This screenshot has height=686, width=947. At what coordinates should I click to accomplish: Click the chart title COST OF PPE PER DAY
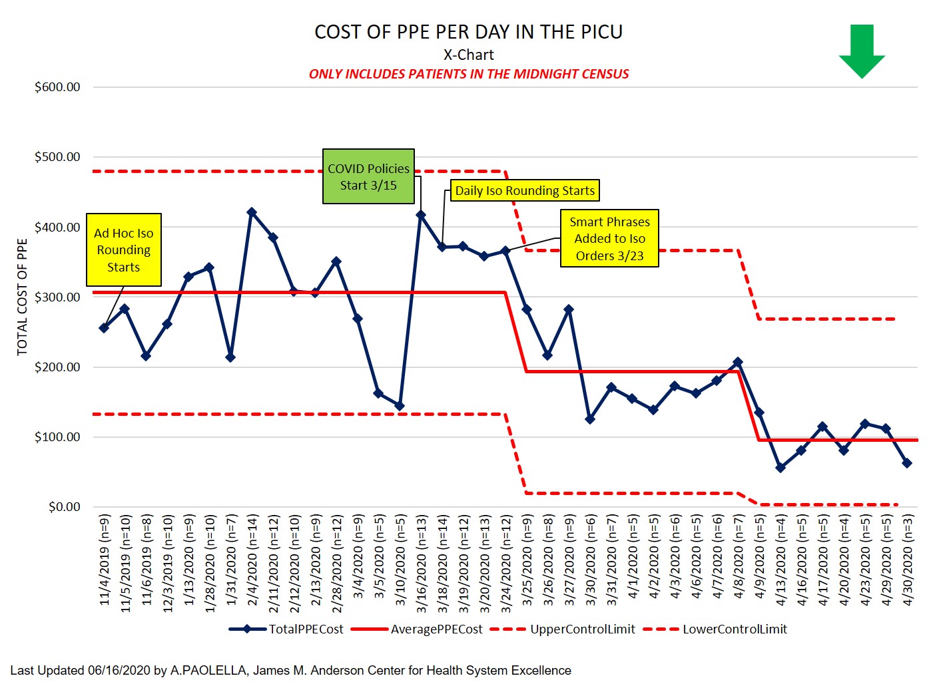click(468, 32)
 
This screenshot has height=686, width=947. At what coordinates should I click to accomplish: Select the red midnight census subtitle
click(468, 74)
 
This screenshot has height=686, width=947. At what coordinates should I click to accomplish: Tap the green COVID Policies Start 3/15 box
click(368, 176)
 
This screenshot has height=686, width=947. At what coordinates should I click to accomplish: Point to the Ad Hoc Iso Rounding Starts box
click(124, 250)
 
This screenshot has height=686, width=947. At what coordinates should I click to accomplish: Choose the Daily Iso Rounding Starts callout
click(525, 190)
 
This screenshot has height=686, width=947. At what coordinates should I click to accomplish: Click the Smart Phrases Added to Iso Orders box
click(609, 238)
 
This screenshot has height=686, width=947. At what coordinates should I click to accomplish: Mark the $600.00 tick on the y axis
click(57, 87)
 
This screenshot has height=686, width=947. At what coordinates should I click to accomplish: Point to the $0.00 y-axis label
click(64, 507)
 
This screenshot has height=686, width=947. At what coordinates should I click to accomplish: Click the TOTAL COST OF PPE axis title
click(23, 297)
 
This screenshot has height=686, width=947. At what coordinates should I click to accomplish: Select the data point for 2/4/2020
click(252, 212)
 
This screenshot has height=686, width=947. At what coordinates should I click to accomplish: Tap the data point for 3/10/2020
click(400, 406)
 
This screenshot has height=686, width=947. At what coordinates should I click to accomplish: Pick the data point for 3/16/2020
click(421, 215)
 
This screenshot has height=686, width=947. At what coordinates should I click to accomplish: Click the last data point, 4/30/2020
click(907, 463)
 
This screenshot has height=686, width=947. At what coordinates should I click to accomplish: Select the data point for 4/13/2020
click(781, 468)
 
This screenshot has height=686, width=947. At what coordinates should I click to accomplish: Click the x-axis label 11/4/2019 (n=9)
click(105, 560)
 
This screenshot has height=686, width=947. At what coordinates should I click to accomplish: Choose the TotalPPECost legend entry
click(286, 629)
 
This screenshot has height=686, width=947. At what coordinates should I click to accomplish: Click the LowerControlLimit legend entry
click(716, 629)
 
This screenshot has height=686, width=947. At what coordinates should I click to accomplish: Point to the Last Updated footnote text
click(291, 671)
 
